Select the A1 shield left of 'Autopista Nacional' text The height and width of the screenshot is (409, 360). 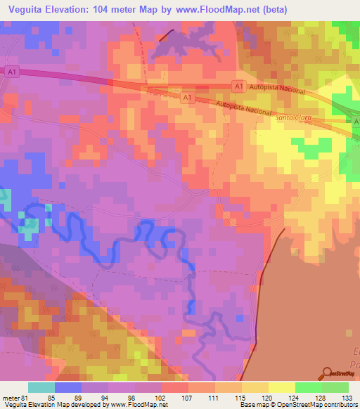(238, 86)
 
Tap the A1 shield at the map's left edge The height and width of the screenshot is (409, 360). (11, 71)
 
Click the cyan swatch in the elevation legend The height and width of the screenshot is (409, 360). (41, 387)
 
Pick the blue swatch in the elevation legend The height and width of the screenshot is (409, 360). (68, 387)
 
